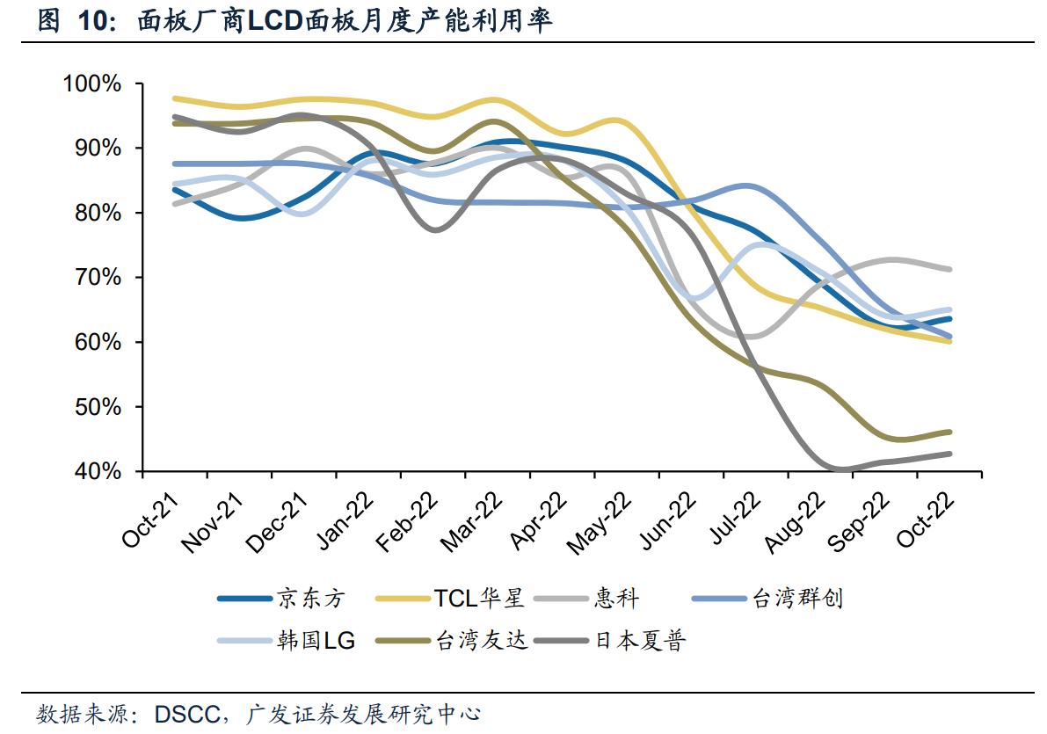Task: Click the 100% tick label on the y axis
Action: point(91,84)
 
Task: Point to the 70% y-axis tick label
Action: point(96,278)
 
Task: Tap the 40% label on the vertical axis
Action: point(96,472)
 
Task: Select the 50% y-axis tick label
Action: point(96,407)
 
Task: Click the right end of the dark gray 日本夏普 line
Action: point(950,454)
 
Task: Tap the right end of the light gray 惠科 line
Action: point(950,269)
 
